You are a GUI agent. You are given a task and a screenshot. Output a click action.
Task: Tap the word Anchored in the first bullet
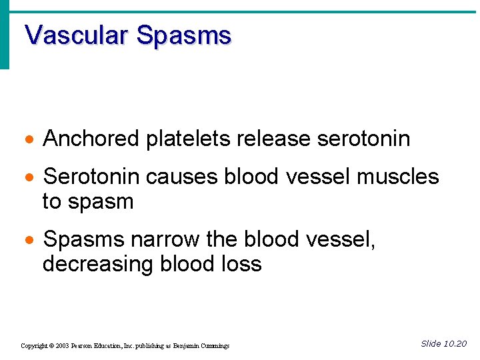(x=91, y=139)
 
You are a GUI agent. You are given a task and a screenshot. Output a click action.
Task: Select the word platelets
(x=188, y=139)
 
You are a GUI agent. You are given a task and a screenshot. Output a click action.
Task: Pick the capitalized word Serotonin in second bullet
(x=91, y=177)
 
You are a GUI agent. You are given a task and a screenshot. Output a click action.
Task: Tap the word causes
(x=182, y=177)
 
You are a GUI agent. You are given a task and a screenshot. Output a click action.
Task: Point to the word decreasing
(x=99, y=265)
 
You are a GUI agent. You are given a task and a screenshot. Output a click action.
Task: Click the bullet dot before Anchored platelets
(x=27, y=140)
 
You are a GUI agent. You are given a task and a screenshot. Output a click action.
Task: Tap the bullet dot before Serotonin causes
(x=27, y=178)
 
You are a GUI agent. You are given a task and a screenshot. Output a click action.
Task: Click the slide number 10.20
(x=455, y=344)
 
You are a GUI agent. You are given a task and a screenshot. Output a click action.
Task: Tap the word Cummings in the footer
(x=215, y=346)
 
